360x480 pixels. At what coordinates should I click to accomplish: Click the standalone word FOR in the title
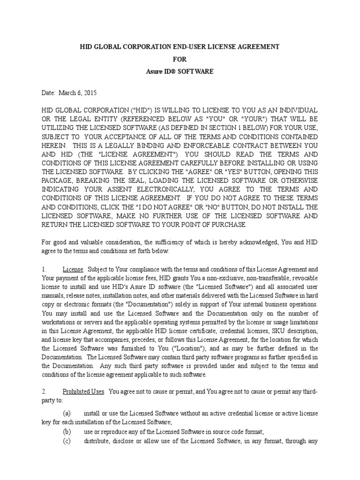[180, 60]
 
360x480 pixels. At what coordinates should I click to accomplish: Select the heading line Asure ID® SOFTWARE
[180, 72]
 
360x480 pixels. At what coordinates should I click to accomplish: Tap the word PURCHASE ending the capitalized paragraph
[228, 225]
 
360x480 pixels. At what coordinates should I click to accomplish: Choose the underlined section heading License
[73, 270]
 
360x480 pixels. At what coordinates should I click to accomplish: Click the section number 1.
[44, 270]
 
